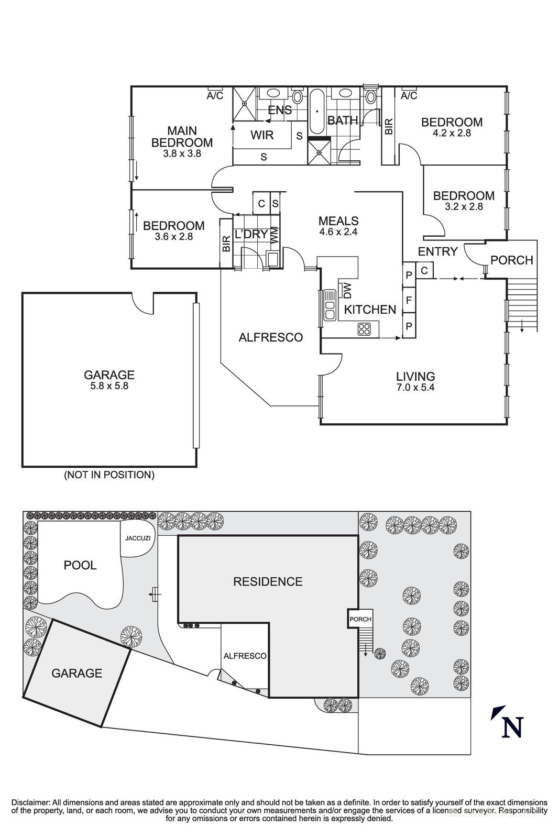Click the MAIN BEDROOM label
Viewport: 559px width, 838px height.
pos(182,136)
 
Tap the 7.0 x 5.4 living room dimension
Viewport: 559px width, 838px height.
pos(415,388)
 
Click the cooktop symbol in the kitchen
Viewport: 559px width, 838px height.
pos(364,329)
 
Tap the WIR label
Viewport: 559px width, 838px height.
pos(262,135)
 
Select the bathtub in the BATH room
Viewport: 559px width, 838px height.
pos(317,112)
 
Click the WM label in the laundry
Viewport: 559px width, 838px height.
pos(274,235)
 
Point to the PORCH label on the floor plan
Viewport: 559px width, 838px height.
pos(511,260)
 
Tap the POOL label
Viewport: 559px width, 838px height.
pos(80,565)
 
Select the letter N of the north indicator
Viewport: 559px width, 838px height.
pos(513,727)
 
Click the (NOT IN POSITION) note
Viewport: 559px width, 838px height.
pos(109,475)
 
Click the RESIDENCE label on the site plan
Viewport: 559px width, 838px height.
pos(268,581)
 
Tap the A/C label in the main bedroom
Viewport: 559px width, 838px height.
pos(215,96)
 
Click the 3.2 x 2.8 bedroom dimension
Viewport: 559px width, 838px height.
pos(464,206)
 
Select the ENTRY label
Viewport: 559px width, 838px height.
pos(437,251)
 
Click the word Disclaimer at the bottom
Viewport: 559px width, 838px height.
pos(30,802)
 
